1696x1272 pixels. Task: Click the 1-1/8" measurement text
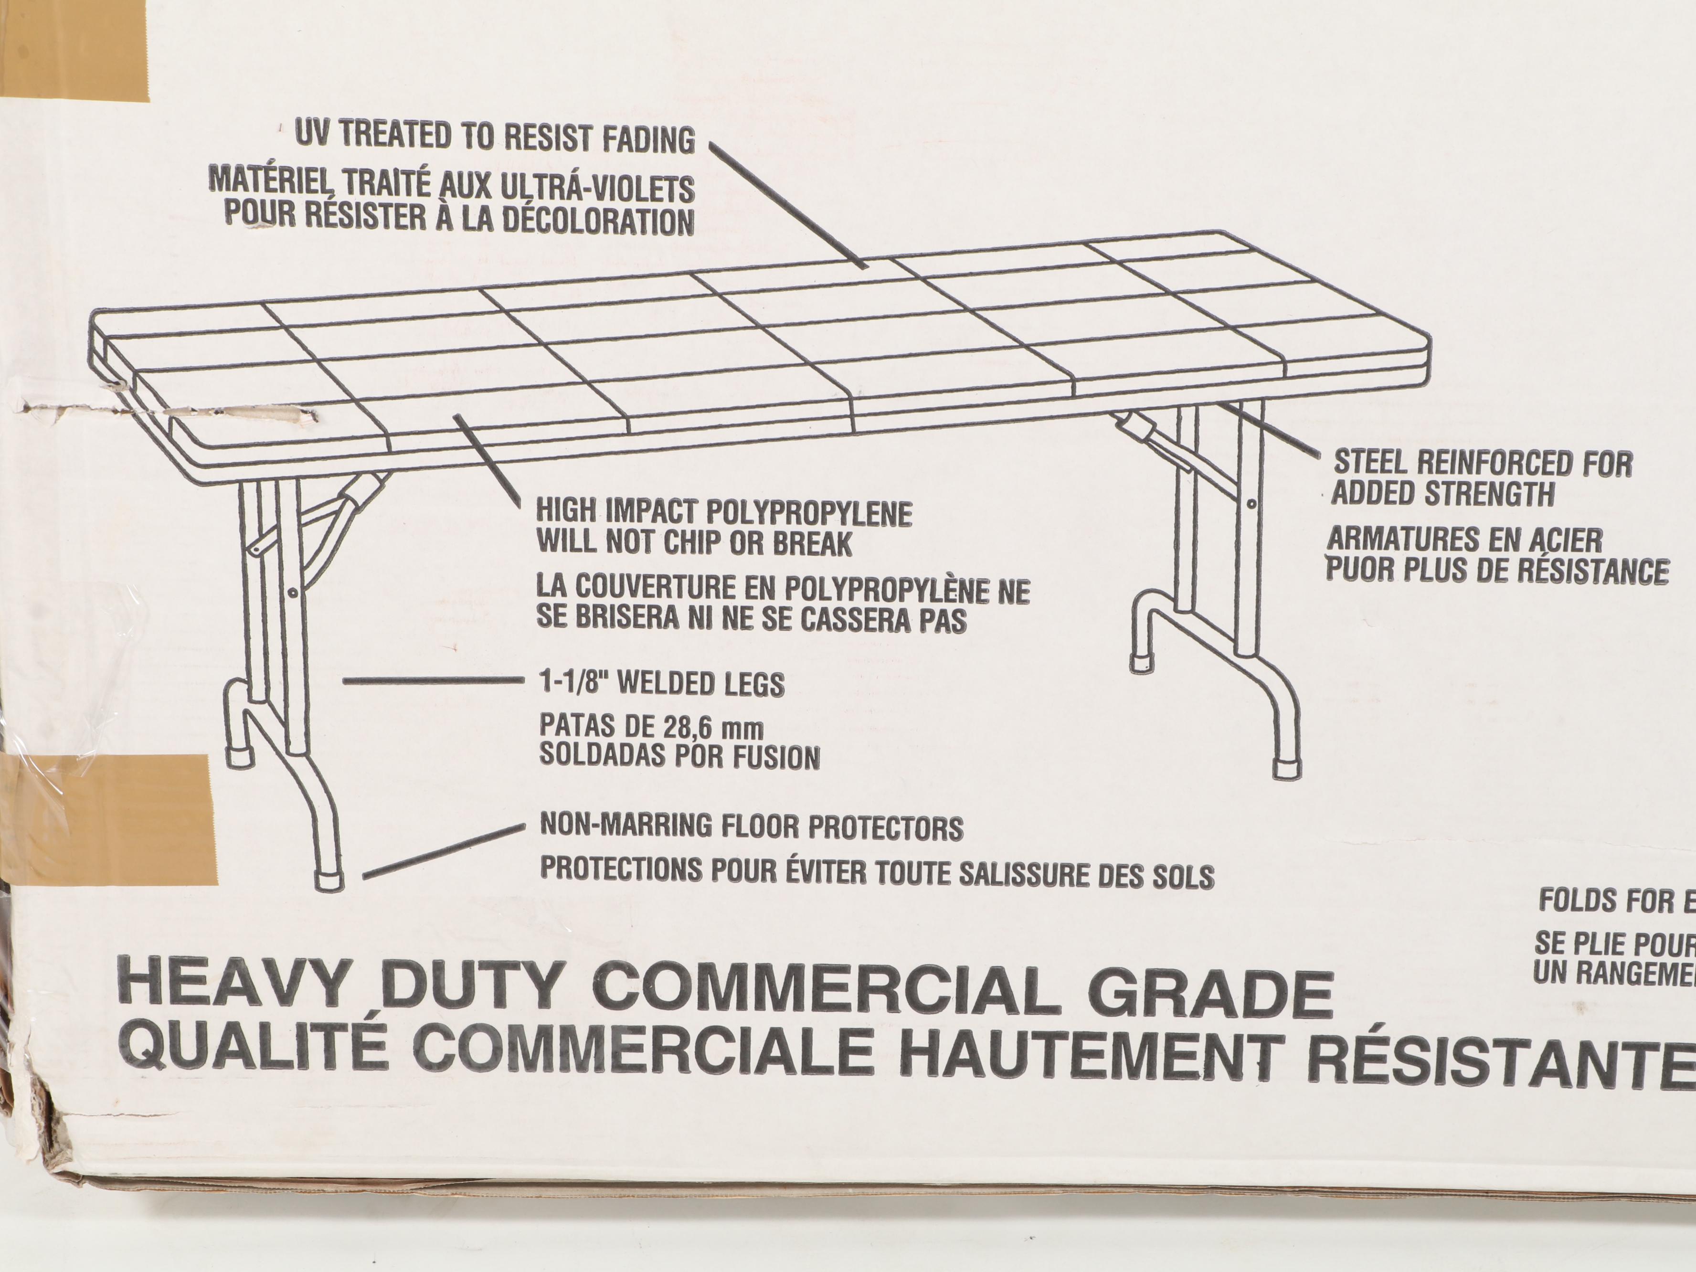tap(573, 682)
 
